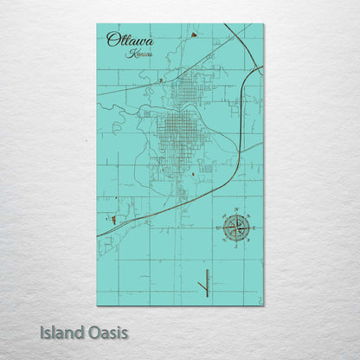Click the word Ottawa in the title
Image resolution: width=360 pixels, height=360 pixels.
(126, 39)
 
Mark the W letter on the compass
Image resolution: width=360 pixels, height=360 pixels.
(218, 228)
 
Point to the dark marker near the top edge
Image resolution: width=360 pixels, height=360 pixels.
(193, 35)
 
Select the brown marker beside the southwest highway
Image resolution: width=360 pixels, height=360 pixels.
(112, 220)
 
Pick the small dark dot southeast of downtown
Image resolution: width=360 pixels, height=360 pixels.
(192, 174)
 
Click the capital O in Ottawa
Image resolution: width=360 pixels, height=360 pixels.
(112, 39)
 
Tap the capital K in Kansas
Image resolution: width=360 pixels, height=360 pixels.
(128, 54)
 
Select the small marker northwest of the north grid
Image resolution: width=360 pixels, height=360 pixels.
(161, 80)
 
